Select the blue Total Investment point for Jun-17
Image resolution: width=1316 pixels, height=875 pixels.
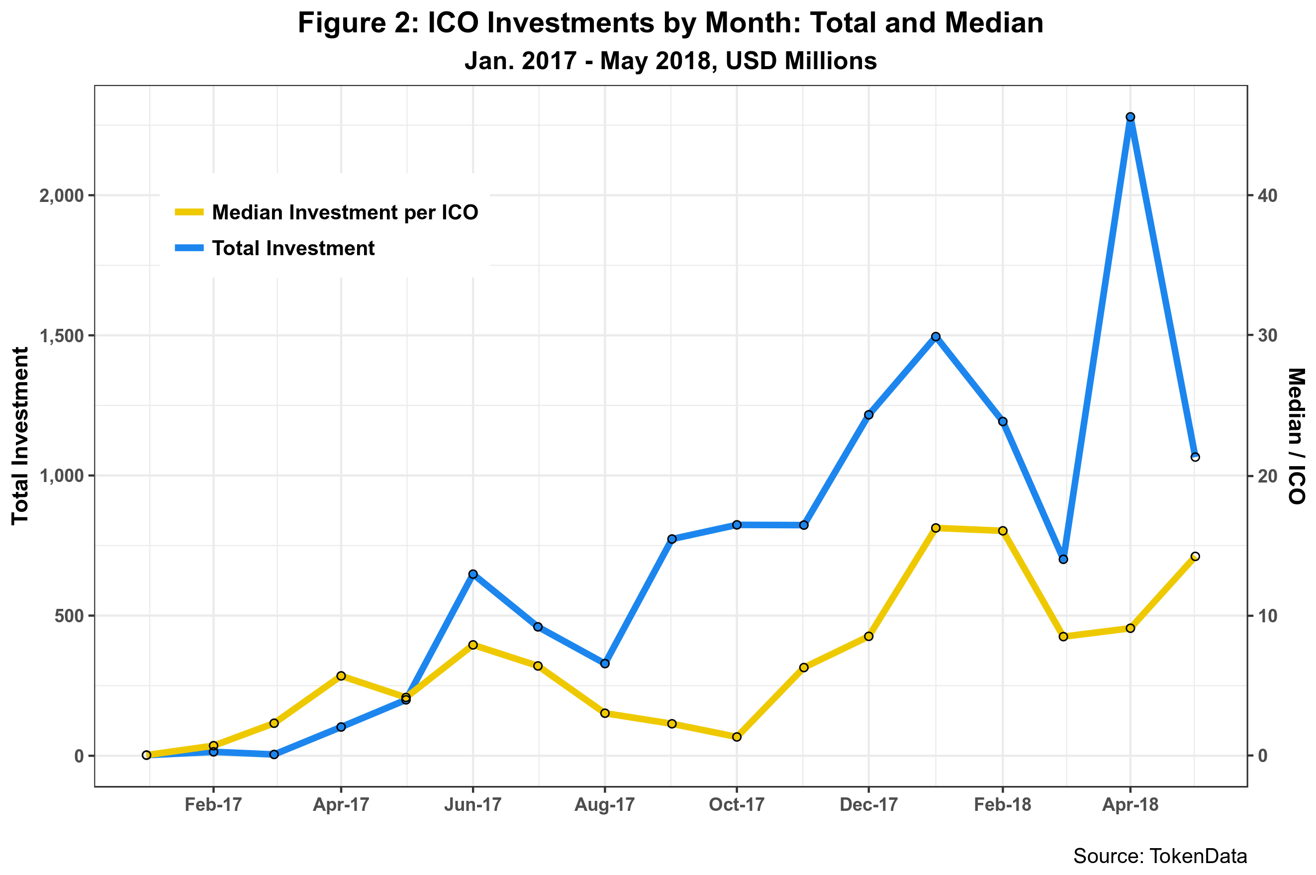pos(473,574)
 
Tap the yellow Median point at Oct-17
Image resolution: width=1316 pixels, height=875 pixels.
pos(737,737)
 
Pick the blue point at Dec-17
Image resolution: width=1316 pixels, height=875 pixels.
pos(868,415)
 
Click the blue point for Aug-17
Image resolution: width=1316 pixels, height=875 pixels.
pos(605,664)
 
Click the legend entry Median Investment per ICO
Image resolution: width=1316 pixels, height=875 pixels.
pos(345,212)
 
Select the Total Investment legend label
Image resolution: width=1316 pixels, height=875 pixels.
pos(293,248)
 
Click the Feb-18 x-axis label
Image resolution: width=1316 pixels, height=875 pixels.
pos(1003,805)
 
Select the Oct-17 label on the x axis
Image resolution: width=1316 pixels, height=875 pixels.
pos(737,805)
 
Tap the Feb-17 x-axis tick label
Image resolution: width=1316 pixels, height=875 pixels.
pos(213,805)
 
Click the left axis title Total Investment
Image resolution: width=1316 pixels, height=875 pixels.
pos(20,435)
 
